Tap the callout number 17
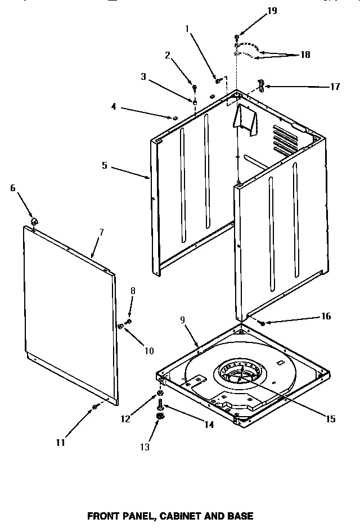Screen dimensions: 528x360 pos(335,87)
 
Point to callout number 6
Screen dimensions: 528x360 pos(12,188)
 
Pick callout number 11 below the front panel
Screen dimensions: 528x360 pos(60,443)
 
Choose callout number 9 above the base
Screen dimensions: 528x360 pos(182,321)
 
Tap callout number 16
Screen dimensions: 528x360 pos(326,317)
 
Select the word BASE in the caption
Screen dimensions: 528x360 pos(242,515)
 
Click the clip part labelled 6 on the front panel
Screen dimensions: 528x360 pos(34,220)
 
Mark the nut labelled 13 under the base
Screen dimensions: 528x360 pos(160,416)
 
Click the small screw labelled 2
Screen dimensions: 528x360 pos(195,88)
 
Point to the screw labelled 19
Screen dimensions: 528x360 pos(237,37)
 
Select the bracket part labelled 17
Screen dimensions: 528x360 pos(261,85)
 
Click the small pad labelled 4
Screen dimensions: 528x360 pos(174,118)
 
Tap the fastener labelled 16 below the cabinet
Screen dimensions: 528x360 pos(263,323)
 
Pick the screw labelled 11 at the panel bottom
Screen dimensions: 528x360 pos(94,407)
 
